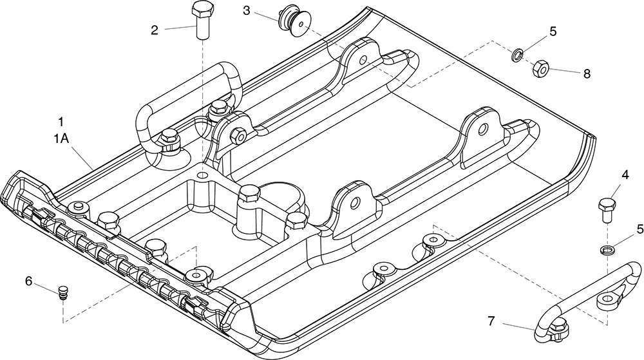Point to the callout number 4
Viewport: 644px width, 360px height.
(x=625, y=175)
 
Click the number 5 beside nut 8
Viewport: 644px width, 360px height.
(x=552, y=30)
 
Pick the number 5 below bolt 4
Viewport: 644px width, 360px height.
(x=639, y=229)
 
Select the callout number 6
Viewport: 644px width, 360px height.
(x=28, y=281)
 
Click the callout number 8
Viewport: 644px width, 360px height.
(x=587, y=73)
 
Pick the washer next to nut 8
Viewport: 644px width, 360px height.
(x=517, y=53)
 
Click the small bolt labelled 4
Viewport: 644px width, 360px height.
(x=606, y=209)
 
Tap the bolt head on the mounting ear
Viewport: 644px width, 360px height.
(x=238, y=137)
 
